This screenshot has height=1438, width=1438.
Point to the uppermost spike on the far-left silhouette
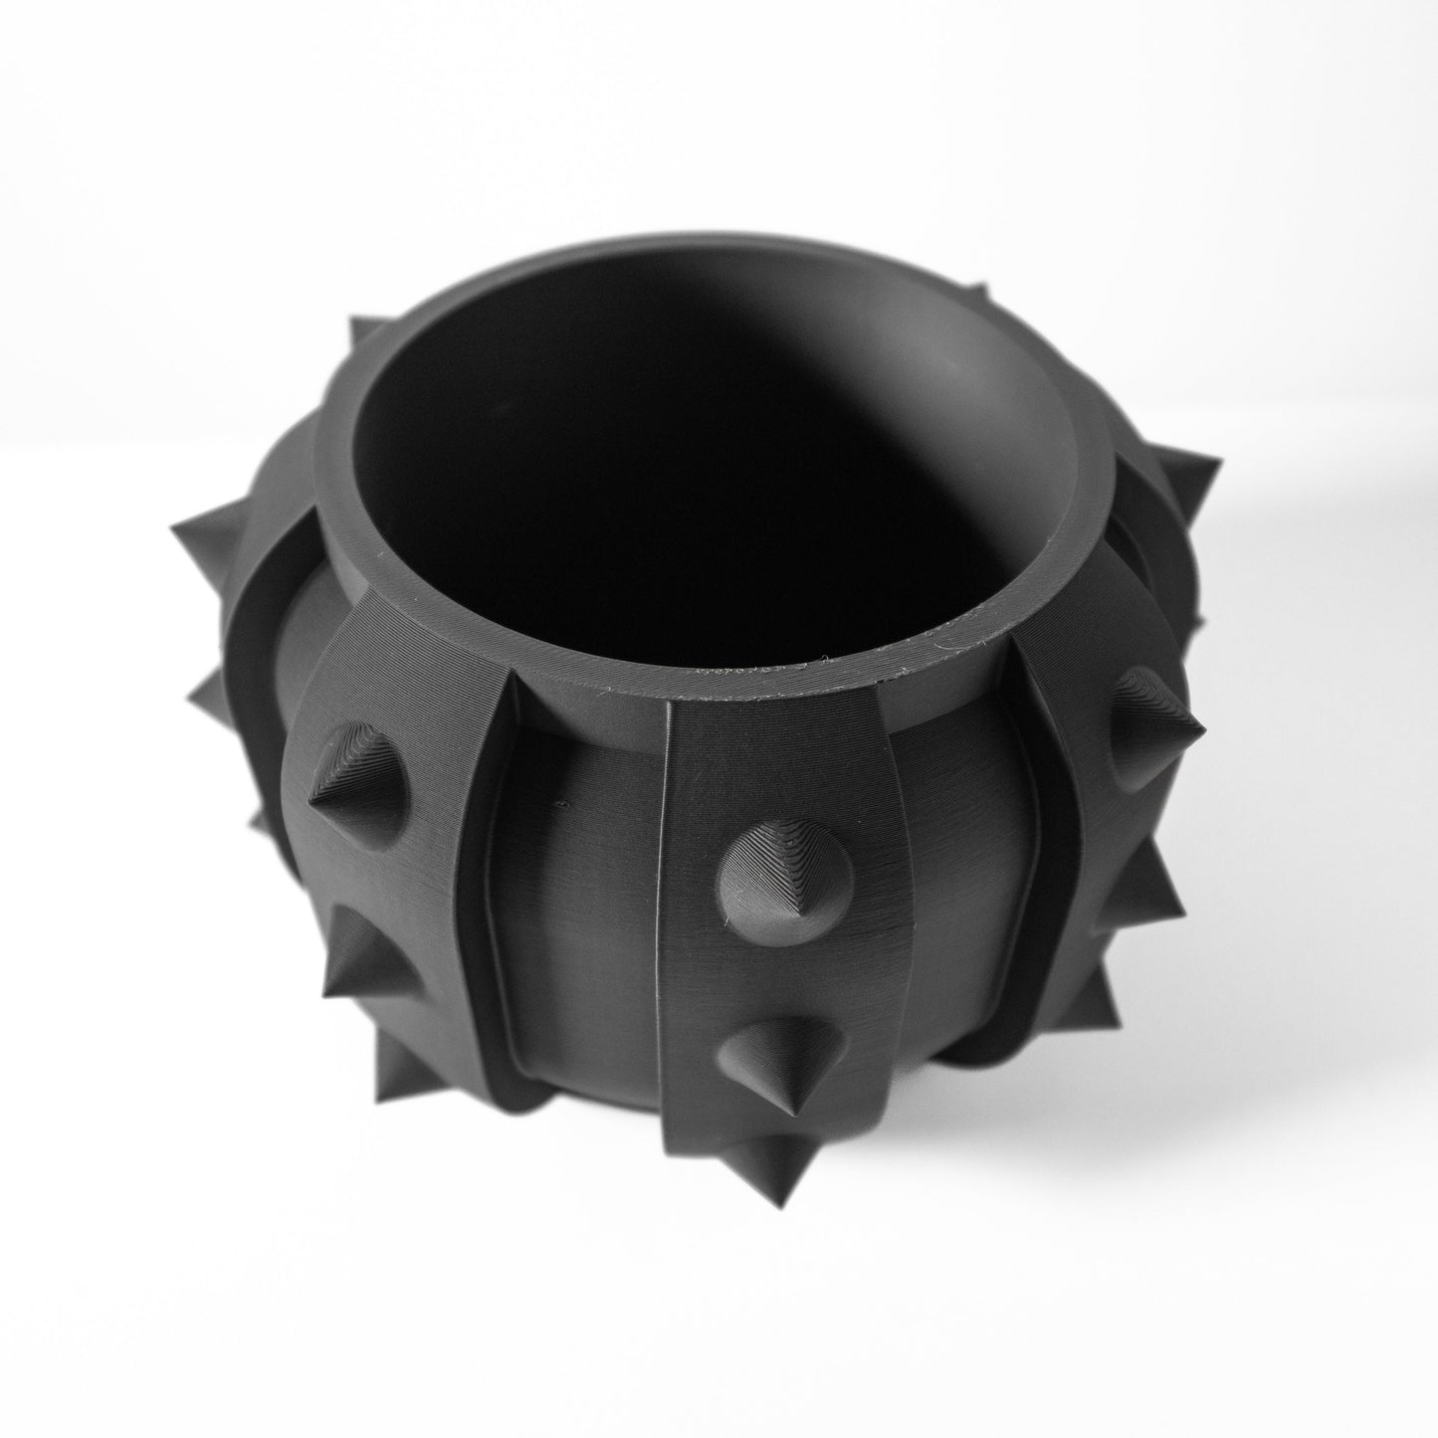[x=204, y=542]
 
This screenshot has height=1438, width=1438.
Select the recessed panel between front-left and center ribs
[x=587, y=896]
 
